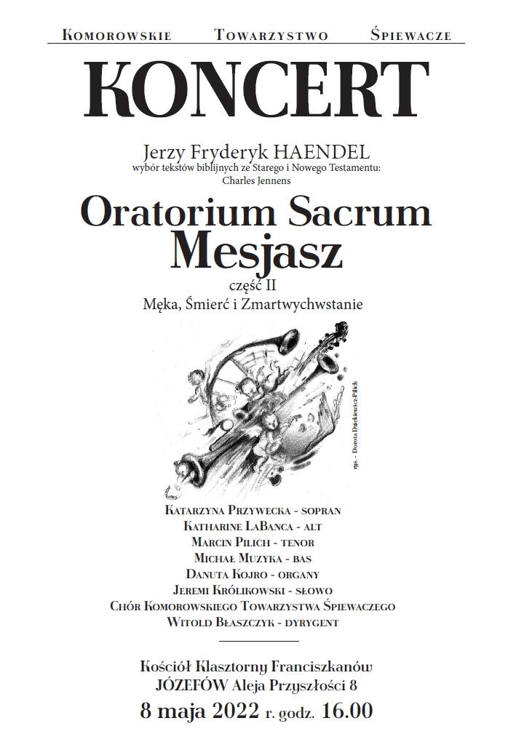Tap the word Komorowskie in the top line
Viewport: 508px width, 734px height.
tap(117, 35)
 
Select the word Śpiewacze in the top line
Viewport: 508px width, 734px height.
tap(410, 34)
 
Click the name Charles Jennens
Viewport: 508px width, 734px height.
tap(256, 180)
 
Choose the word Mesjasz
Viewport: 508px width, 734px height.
tap(255, 251)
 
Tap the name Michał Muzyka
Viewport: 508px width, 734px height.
tap(236, 558)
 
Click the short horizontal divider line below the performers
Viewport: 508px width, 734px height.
tap(258, 642)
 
